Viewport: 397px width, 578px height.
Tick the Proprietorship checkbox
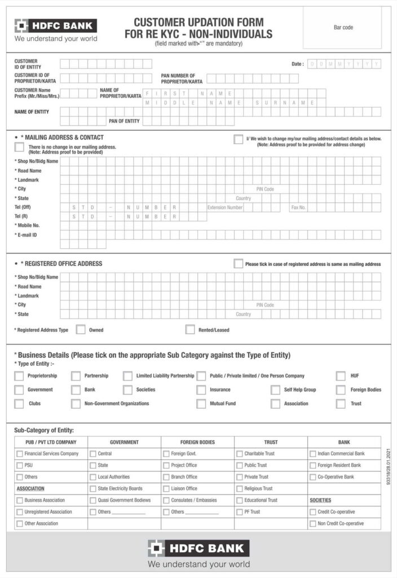coord(19,376)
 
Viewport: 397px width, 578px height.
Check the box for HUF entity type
coord(341,376)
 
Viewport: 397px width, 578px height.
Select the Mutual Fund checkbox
coord(201,404)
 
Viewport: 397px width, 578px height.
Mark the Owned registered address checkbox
coord(81,330)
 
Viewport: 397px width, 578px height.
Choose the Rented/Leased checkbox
coord(190,330)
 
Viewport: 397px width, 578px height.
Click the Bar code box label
coord(343,28)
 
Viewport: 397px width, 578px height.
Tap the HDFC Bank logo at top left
coord(55,26)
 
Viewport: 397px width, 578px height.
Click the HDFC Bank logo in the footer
coord(198,548)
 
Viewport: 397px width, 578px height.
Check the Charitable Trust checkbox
coord(240,454)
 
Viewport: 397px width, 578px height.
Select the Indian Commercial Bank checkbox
coord(313,454)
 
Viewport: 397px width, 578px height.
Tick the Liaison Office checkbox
coord(166,489)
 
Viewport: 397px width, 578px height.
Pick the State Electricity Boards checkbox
coord(93,489)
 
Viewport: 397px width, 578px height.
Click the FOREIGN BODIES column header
coord(197,442)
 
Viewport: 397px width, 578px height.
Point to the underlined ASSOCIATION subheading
coord(30,488)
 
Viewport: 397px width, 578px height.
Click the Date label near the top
coord(297,64)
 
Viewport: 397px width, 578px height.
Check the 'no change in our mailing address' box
coord(19,147)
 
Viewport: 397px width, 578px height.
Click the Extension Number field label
coord(225,207)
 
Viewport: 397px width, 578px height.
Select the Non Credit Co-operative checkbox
coord(313,524)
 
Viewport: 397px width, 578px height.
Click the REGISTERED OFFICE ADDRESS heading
coord(61,264)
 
